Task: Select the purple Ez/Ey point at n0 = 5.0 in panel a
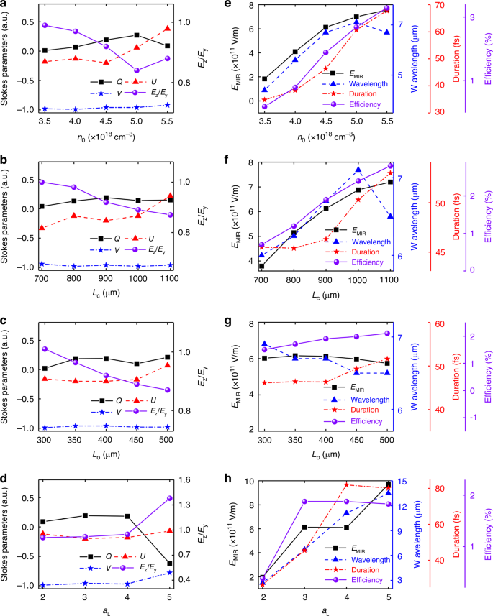click(x=136, y=70)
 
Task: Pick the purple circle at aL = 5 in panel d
click(x=168, y=498)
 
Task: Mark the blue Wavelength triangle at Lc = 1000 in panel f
click(x=358, y=170)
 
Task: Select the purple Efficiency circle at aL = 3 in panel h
click(x=305, y=501)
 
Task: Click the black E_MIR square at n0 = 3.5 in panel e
click(x=264, y=78)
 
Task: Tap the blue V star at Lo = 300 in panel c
click(x=44, y=428)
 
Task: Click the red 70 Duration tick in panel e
click(x=437, y=6)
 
